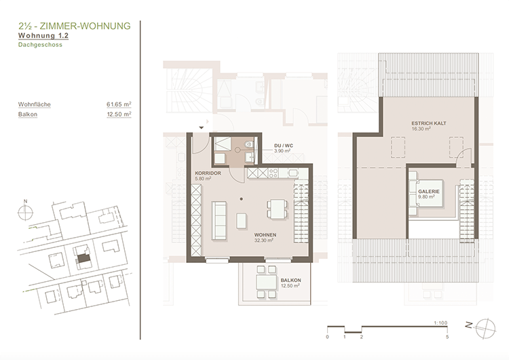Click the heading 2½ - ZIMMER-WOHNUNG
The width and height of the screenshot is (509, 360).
75,26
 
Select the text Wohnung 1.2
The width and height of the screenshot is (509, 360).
43,35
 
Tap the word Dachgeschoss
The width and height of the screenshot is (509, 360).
40,45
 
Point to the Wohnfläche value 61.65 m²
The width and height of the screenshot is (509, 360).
119,105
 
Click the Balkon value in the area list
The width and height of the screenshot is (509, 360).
119,114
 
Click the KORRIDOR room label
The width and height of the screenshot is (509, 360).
208,173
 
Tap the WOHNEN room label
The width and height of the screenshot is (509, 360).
265,234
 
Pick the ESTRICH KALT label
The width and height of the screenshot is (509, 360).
428,124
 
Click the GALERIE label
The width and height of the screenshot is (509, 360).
428,192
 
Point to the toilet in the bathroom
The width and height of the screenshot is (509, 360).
249,143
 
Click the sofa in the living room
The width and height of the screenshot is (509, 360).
219,221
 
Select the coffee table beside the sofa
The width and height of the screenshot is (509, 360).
242,221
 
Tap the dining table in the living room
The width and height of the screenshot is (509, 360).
277,209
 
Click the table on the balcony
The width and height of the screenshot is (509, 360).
266,282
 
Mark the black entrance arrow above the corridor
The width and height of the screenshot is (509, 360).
202,128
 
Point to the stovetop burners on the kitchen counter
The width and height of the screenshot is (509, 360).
274,173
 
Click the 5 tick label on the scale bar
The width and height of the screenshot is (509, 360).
447,337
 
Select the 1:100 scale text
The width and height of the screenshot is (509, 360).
440,323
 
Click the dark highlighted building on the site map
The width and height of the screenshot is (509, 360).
83,259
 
